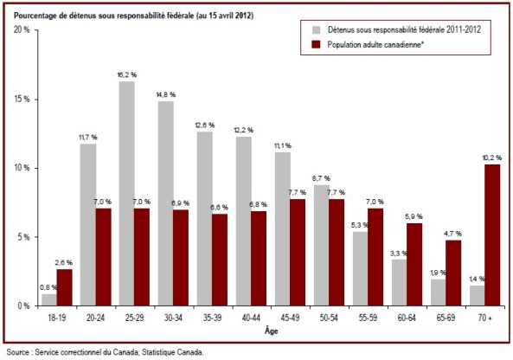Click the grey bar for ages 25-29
click(126, 194)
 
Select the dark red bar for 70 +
click(492, 235)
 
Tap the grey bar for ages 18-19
click(49, 299)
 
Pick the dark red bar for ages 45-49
click(298, 253)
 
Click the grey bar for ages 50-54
click(322, 246)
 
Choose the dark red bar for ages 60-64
click(414, 265)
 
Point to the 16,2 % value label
click(127, 75)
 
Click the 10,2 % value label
click(491, 157)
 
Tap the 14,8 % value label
click(165, 95)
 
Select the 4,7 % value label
click(452, 234)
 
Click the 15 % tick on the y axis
click(22, 100)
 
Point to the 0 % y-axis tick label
click(23, 306)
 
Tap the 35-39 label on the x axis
click(212, 318)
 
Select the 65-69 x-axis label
click(446, 318)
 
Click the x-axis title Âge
click(272, 331)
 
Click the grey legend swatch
click(316, 29)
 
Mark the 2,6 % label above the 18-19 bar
click(64, 262)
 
